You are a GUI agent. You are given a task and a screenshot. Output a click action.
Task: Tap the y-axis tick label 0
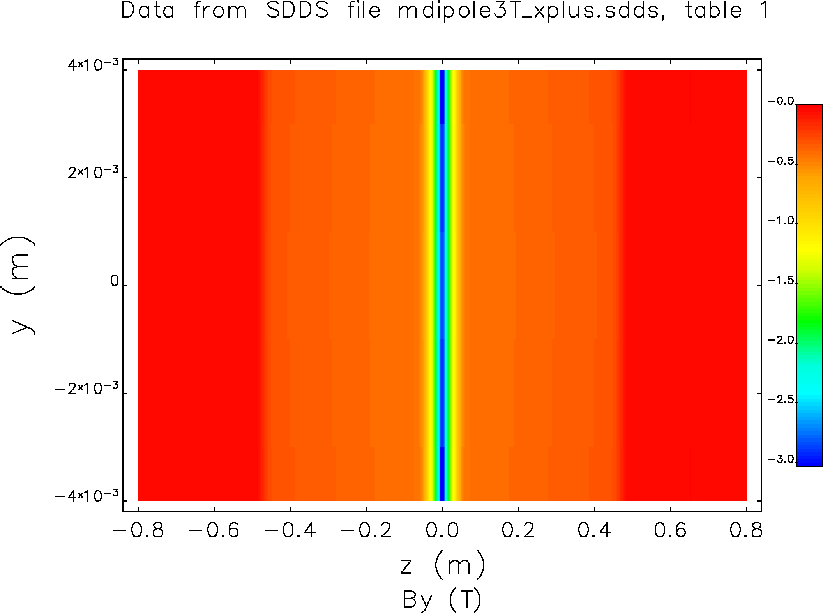coord(115,281)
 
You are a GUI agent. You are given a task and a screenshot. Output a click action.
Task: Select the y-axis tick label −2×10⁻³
coord(87,389)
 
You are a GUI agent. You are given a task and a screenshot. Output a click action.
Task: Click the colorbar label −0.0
coord(781,102)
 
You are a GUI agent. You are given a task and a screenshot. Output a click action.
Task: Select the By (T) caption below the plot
coord(442,599)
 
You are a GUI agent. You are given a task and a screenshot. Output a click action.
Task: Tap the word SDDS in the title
coord(298,11)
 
